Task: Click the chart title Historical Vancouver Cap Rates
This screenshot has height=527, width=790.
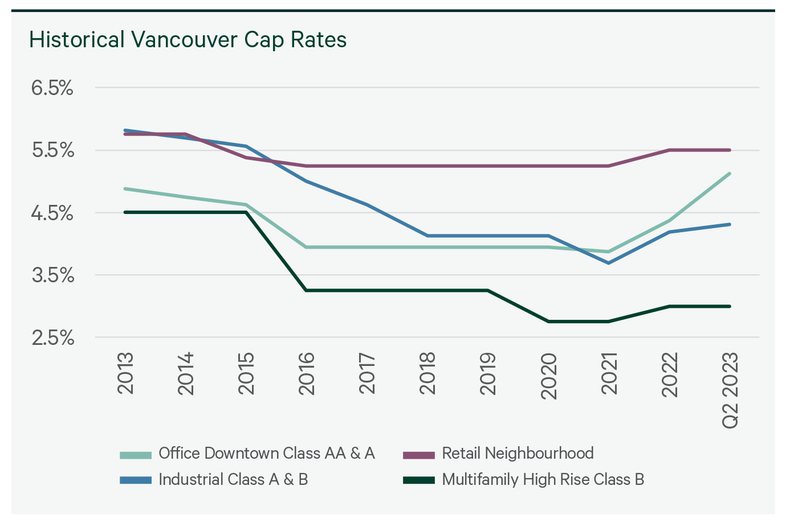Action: tap(188, 40)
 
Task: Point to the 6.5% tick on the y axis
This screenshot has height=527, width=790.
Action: tap(52, 88)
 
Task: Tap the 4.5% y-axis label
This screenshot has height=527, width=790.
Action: tap(52, 213)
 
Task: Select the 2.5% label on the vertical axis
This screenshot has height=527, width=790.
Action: tap(52, 338)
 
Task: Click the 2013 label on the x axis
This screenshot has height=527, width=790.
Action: tap(125, 373)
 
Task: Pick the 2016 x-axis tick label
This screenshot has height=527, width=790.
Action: tap(307, 373)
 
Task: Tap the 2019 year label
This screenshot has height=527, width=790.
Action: tap(488, 373)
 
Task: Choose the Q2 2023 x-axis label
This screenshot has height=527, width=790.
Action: tap(730, 390)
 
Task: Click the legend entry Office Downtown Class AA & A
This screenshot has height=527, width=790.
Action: tap(266, 454)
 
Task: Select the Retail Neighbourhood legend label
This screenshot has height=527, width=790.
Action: tap(518, 454)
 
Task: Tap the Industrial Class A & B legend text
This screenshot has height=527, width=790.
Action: tap(233, 480)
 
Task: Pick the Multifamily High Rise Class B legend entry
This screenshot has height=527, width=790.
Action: tap(543, 480)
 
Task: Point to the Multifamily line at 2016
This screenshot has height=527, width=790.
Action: tap(307, 290)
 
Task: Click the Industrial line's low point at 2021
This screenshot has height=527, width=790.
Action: tap(609, 263)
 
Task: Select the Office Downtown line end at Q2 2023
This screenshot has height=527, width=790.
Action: tap(730, 174)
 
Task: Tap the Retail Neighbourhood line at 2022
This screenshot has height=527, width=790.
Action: tap(669, 150)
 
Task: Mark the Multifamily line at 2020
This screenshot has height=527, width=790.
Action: tap(548, 322)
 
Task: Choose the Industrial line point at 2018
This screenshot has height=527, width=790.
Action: tap(427, 236)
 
